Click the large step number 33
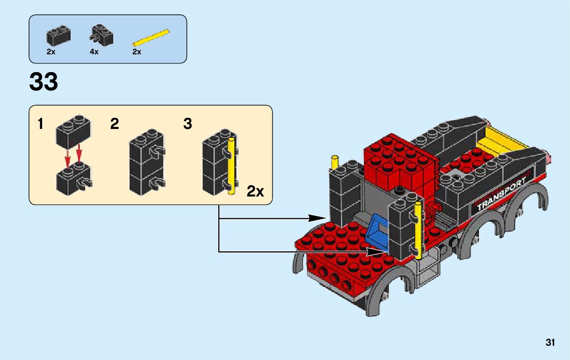(44, 82)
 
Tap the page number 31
(550, 342)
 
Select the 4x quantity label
(94, 52)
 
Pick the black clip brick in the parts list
(102, 35)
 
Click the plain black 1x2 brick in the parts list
(58, 35)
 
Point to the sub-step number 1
(41, 124)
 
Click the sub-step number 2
(115, 124)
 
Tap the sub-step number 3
(188, 124)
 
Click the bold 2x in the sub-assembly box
(255, 191)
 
